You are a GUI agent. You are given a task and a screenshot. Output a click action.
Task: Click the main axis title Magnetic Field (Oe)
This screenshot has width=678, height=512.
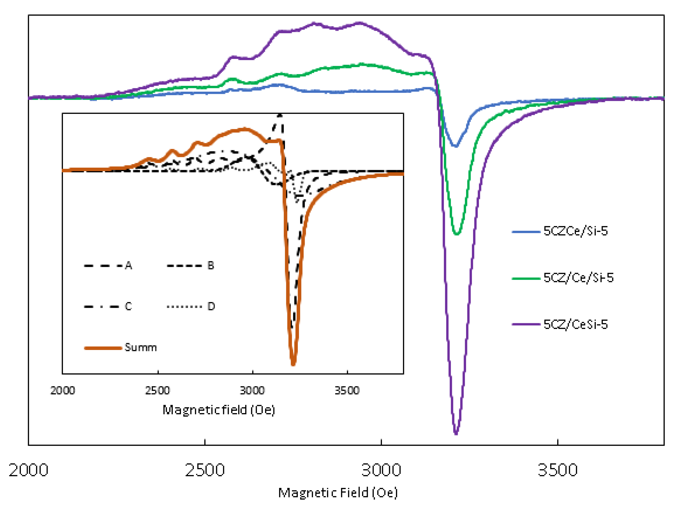coord(338,493)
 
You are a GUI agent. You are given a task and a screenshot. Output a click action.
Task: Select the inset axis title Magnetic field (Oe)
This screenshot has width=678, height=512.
coord(219,410)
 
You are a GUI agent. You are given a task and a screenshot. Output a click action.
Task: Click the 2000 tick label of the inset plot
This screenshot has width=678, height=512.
coord(63,391)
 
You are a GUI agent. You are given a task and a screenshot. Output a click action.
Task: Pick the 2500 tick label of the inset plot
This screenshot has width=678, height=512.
coord(158,391)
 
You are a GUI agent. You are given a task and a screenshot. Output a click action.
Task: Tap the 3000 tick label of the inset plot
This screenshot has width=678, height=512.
coord(252,391)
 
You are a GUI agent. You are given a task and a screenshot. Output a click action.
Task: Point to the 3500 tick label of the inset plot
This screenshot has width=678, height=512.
coord(347,391)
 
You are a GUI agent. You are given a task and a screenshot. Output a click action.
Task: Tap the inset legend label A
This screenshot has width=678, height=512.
coord(129,265)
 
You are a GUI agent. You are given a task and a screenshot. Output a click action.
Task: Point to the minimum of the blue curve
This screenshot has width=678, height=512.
coord(456,146)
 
